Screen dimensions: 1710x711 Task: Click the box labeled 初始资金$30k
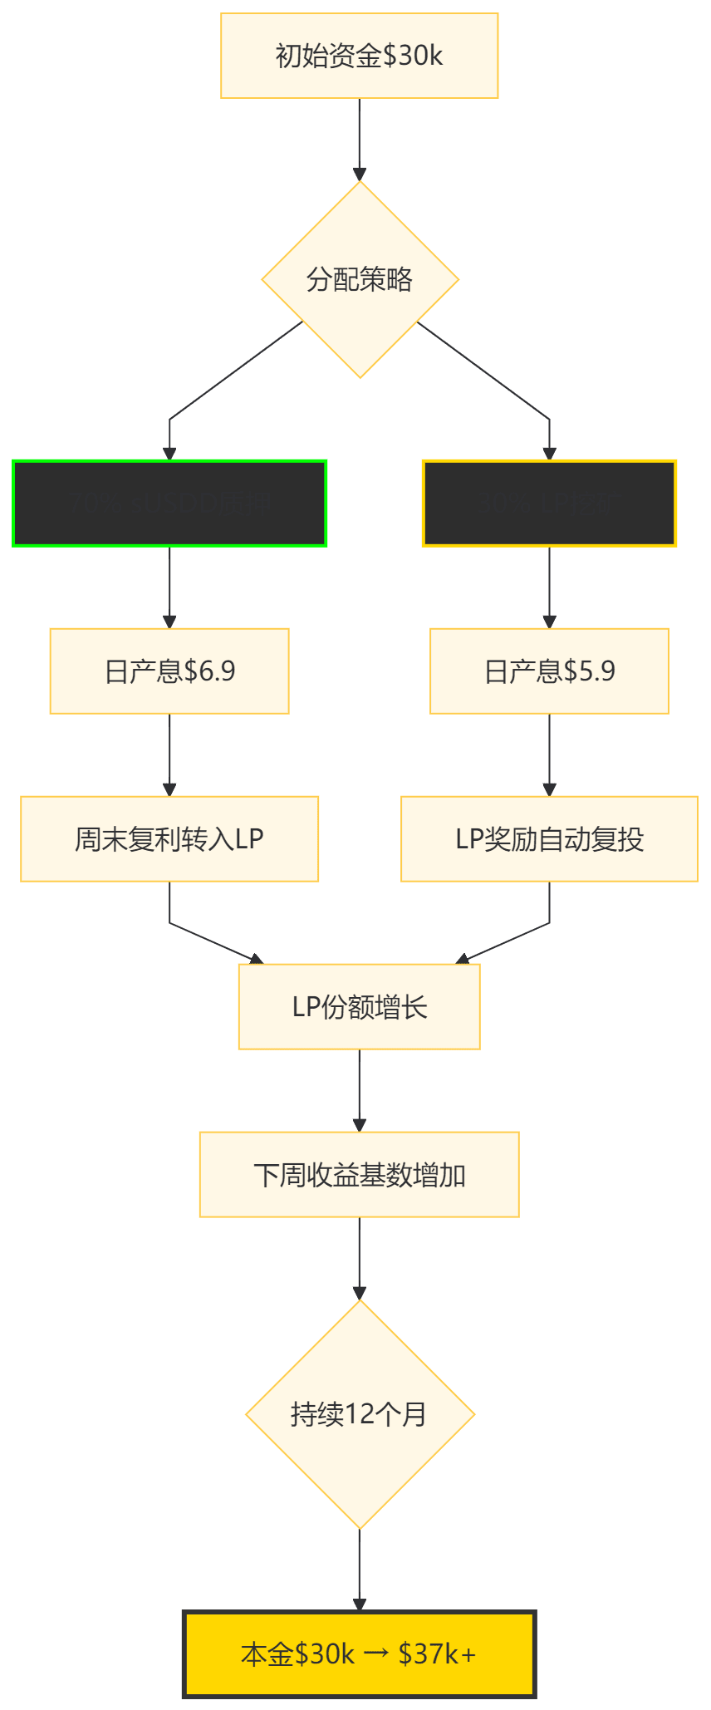point(359,56)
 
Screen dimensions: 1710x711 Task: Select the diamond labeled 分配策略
point(359,279)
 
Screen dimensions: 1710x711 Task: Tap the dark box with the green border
point(169,503)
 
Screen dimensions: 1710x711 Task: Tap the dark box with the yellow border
point(549,503)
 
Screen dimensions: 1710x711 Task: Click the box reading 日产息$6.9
point(169,671)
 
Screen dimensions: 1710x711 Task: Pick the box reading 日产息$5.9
point(549,671)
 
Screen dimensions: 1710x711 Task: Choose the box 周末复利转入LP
point(169,838)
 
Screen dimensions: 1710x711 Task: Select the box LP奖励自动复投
point(549,838)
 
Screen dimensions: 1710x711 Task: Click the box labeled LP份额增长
point(359,1006)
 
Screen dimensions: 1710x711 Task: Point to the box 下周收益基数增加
point(359,1174)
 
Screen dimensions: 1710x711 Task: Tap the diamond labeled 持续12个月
point(359,1413)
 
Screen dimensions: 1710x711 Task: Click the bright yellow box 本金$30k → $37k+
point(359,1653)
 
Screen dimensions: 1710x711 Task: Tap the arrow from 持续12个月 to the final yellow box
point(359,1570)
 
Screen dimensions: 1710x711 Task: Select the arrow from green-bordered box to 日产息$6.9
point(169,587)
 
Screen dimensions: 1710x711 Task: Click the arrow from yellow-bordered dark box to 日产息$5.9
point(549,587)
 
